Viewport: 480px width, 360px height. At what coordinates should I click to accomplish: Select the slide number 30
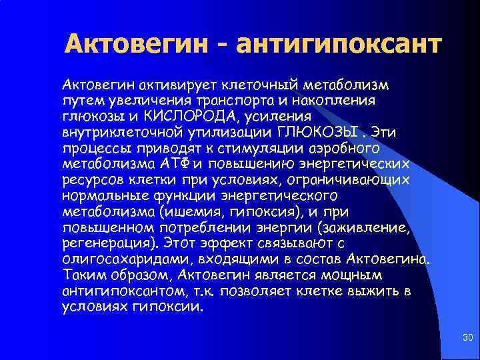(x=467, y=340)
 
